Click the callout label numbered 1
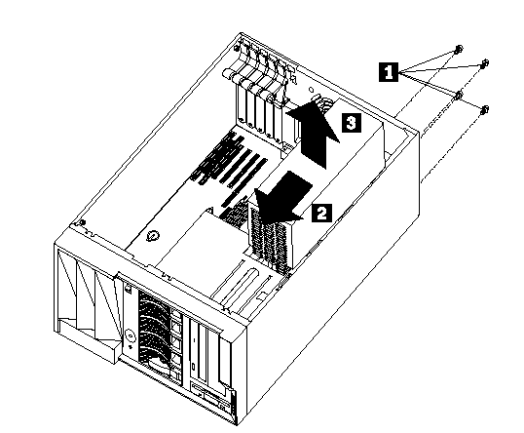[x=389, y=71]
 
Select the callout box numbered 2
[x=321, y=213]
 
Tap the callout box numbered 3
[x=352, y=123]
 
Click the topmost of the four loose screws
[x=459, y=49]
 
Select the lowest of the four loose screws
[x=484, y=109]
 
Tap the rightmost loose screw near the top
[x=484, y=63]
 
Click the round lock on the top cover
[x=153, y=236]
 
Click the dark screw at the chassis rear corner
[x=237, y=49]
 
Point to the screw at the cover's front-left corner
[x=83, y=221]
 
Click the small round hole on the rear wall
[x=311, y=90]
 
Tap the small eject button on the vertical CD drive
[x=194, y=367]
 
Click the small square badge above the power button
[x=128, y=288]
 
